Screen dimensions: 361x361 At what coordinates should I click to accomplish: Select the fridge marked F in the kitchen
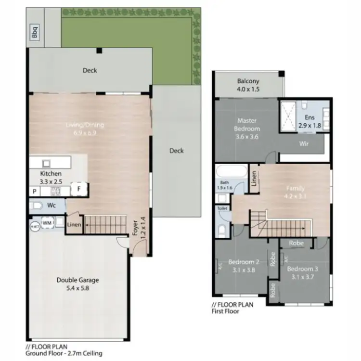(x=78, y=189)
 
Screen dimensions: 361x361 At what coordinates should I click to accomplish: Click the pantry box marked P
(x=35, y=191)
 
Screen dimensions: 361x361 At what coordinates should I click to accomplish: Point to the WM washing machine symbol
(x=47, y=223)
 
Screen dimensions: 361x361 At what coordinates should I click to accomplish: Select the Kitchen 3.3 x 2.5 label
(x=51, y=177)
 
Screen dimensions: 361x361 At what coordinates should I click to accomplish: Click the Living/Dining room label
(x=85, y=129)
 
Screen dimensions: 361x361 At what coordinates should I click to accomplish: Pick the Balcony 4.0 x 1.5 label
(x=248, y=85)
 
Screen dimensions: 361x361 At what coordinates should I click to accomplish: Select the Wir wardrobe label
(x=304, y=143)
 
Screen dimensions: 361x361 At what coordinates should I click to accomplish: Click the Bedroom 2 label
(x=244, y=266)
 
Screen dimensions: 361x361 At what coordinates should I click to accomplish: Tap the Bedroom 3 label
(x=303, y=272)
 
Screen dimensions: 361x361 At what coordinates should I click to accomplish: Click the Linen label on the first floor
(x=254, y=179)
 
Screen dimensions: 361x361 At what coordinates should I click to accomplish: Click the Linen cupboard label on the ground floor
(x=74, y=225)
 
